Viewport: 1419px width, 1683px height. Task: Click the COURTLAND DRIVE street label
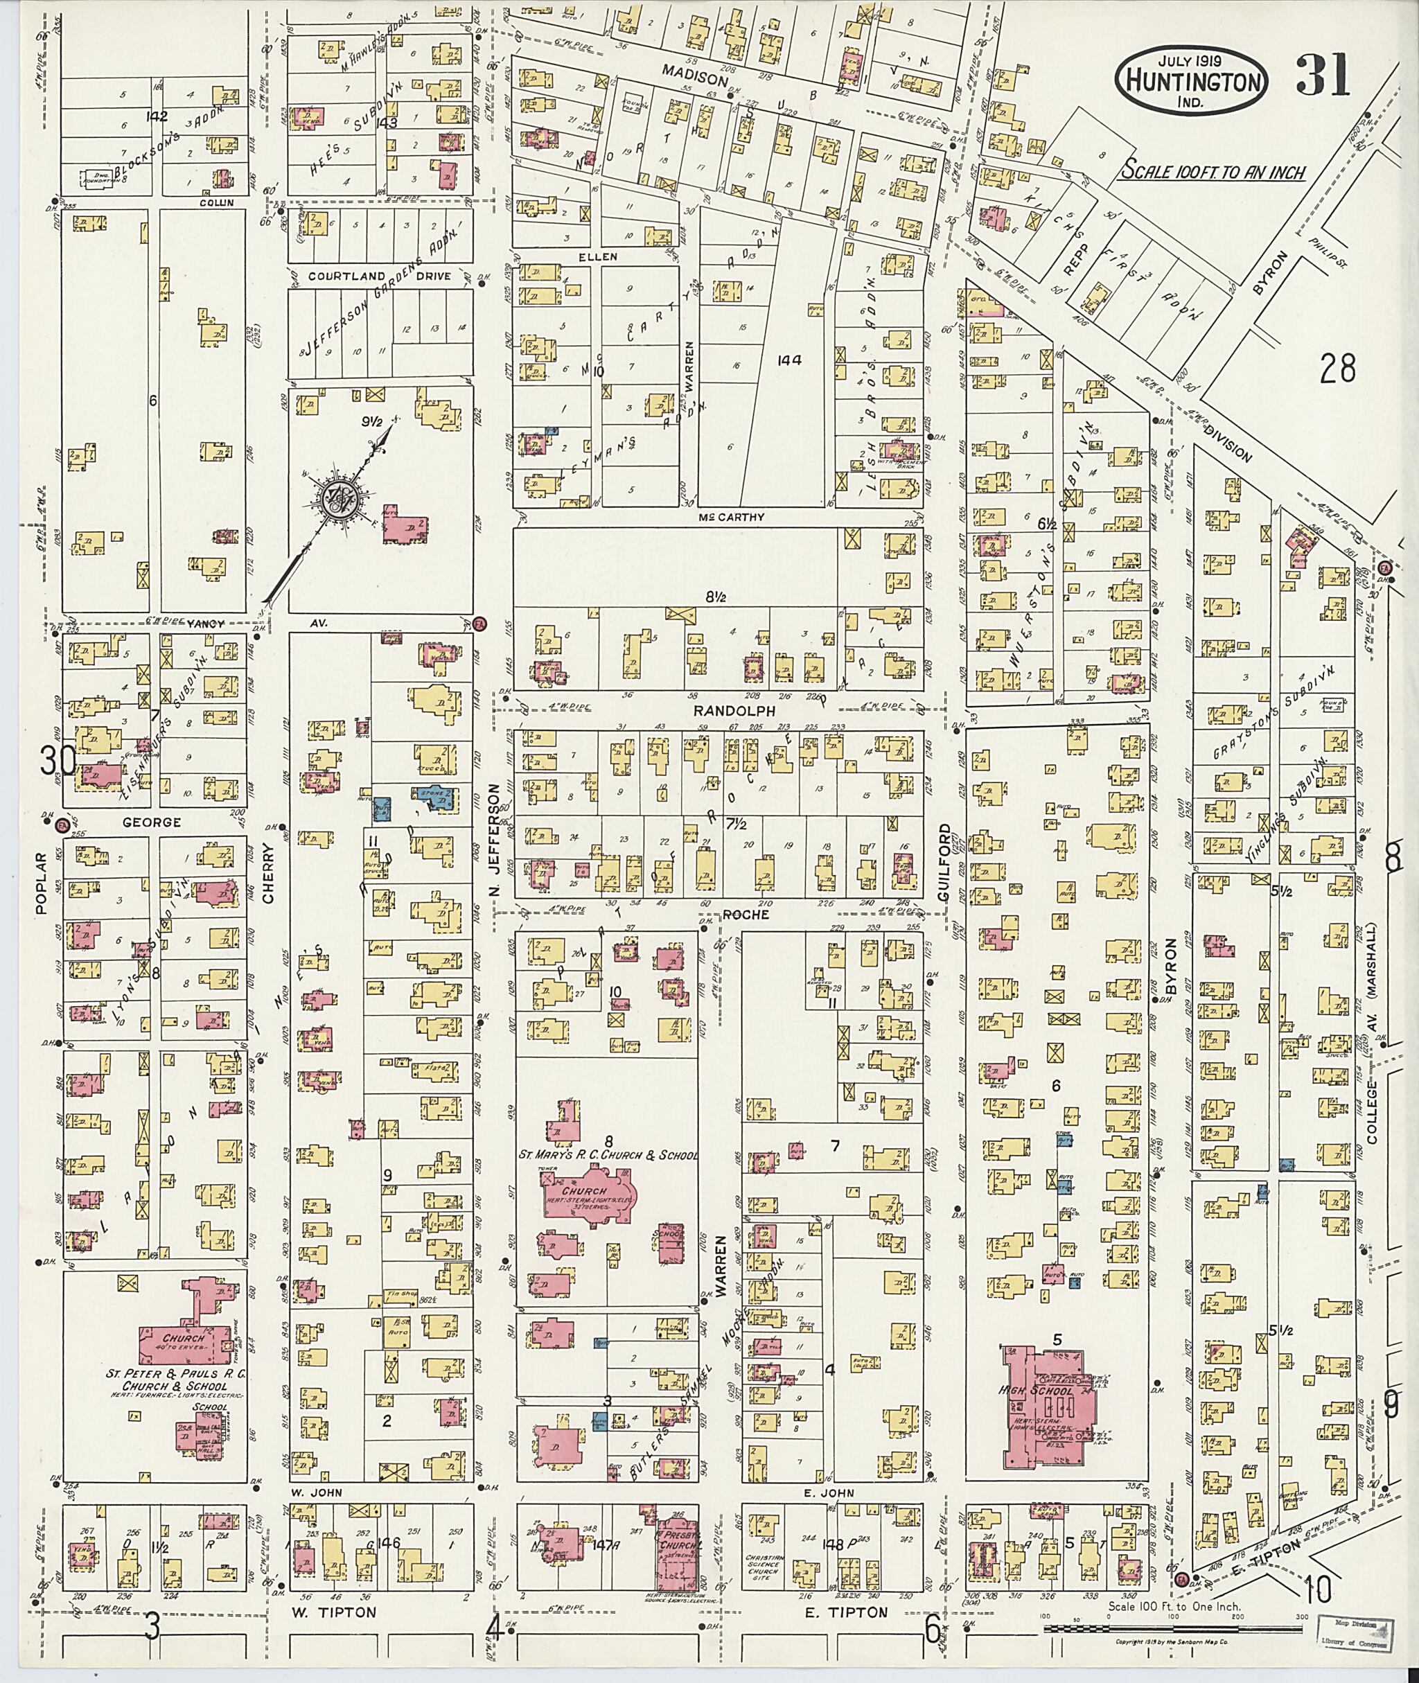tap(369, 276)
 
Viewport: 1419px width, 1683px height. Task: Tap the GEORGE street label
tap(151, 823)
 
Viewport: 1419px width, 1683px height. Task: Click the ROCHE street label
tap(746, 915)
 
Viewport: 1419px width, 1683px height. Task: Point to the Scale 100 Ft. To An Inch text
tap(1215, 171)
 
